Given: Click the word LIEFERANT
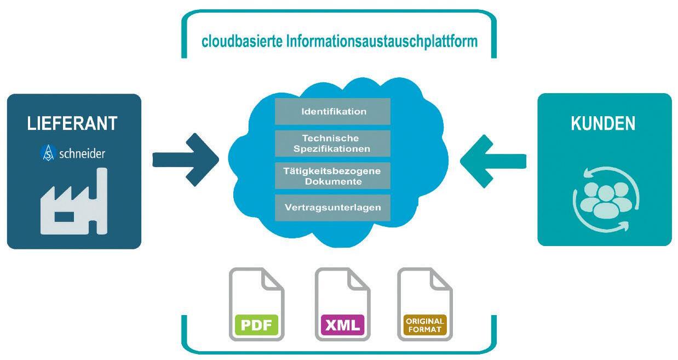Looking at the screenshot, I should point(72,123).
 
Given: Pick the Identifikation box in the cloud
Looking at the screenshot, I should point(332,112).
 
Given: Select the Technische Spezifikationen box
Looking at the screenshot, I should point(332,144).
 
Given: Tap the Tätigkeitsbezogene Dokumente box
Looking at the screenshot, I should point(332,176).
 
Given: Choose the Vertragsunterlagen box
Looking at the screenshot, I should point(332,208).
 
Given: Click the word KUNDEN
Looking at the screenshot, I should point(603,123).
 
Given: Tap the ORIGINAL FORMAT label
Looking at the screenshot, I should point(424,324).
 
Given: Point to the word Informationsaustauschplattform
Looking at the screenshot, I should point(382,42).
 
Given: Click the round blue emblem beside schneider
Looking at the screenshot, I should point(48,153).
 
